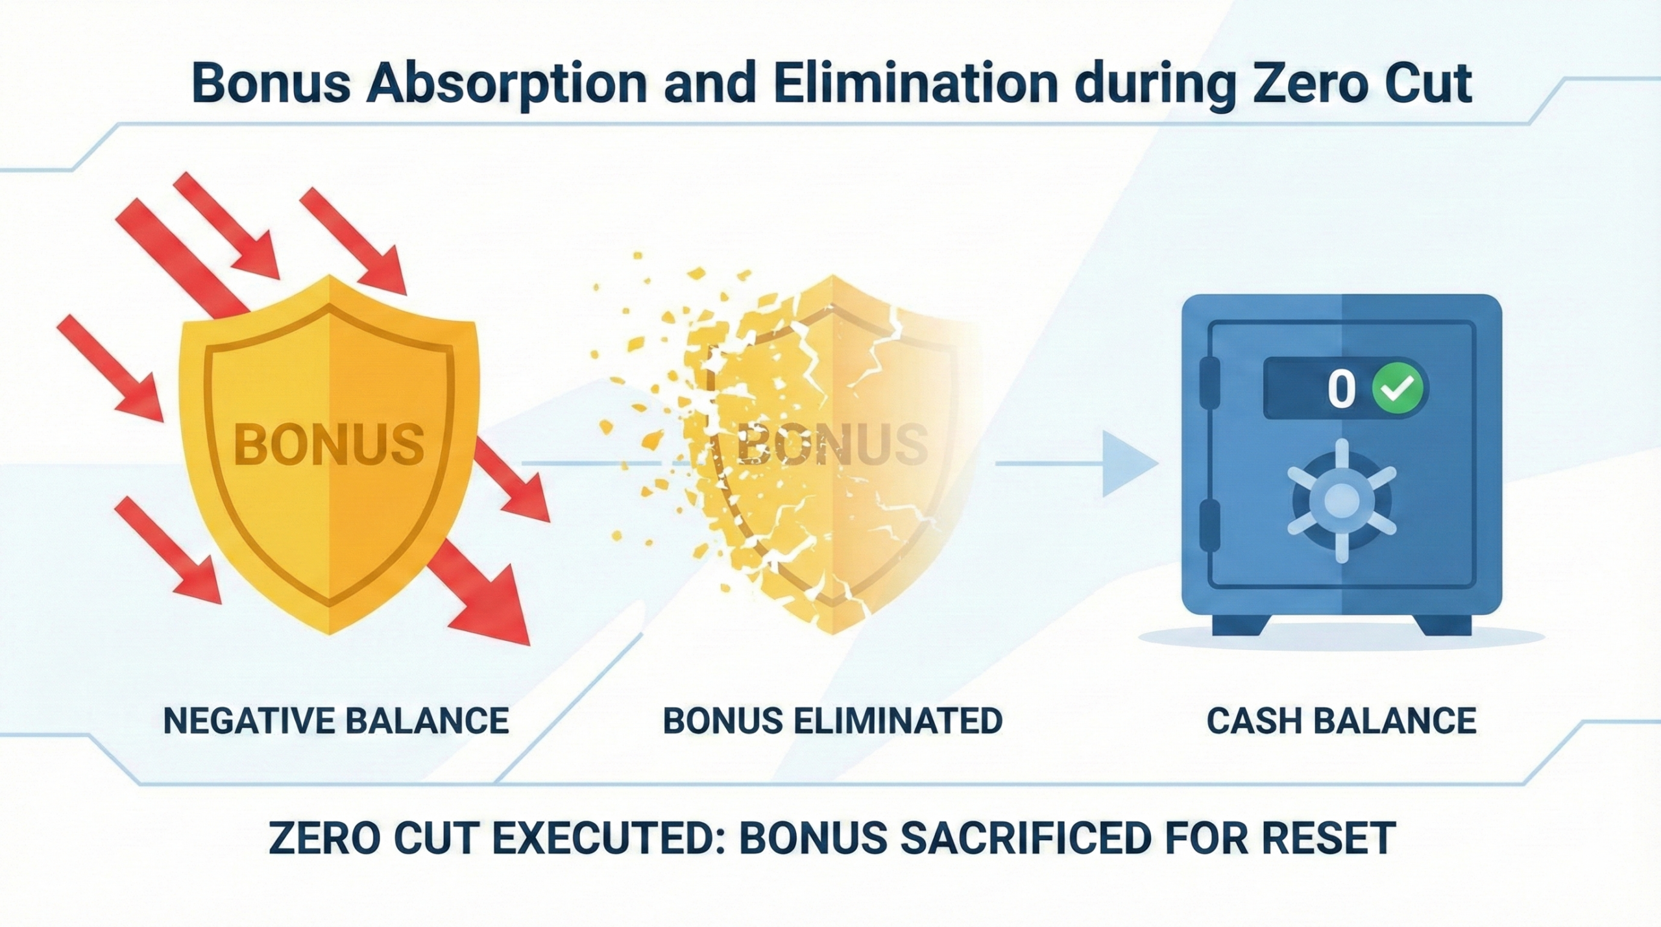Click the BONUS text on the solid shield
click(x=329, y=444)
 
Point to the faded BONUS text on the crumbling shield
click(x=832, y=444)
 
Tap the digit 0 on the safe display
click(x=1341, y=389)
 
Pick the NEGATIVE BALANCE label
click(x=336, y=721)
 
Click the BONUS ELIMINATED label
click(x=832, y=721)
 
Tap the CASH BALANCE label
click(x=1342, y=721)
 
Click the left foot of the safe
click(x=1239, y=625)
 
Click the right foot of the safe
click(x=1444, y=625)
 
